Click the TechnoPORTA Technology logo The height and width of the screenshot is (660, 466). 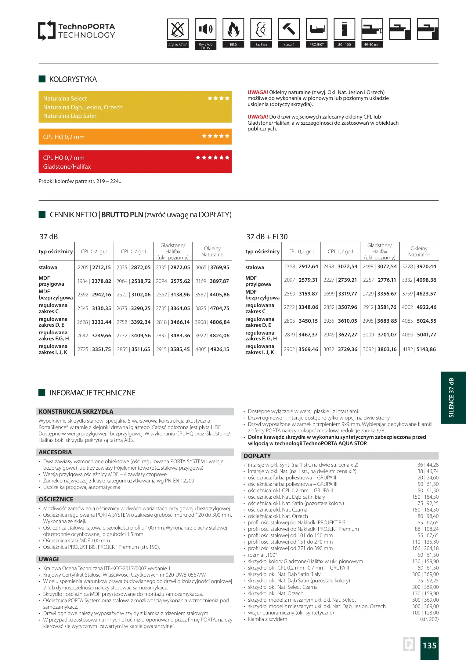pyautogui.click(x=76, y=31)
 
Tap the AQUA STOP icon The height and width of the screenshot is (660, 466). pyautogui.click(x=178, y=29)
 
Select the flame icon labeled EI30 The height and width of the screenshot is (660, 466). pyautogui.click(x=233, y=29)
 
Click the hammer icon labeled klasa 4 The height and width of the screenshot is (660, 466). pyautogui.click(x=289, y=29)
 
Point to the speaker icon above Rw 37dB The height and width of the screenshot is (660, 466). pyautogui.click(x=205, y=29)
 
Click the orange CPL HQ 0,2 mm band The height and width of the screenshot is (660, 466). pyautogui.click(x=135, y=137)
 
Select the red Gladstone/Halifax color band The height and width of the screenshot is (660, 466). pyautogui.click(x=135, y=162)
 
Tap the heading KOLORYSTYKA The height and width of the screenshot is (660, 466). pyautogui.click(x=73, y=79)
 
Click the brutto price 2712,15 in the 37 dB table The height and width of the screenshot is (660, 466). pyautogui.click(x=102, y=267)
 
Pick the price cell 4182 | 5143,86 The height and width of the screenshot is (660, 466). pyautogui.click(x=419, y=349)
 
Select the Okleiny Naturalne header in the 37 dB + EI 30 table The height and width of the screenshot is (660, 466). pyautogui.click(x=419, y=251)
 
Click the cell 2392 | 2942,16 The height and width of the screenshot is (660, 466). pyautogui.click(x=94, y=295)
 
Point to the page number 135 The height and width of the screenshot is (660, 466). pyautogui.click(x=429, y=645)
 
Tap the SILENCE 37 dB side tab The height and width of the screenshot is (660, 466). pyautogui.click(x=452, y=398)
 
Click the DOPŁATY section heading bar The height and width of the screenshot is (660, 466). pyautogui.click(x=340, y=456)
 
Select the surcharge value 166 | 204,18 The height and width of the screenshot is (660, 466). pyautogui.click(x=425, y=548)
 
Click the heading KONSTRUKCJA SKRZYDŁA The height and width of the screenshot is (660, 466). pyautogui.click(x=76, y=412)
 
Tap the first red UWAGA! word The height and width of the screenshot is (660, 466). pyautogui.click(x=258, y=92)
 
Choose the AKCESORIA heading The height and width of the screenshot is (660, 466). pyautogui.click(x=55, y=452)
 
